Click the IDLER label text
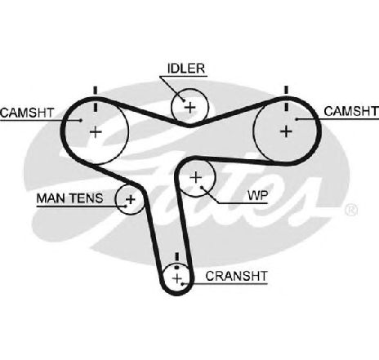[186, 69]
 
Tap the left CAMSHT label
[27, 113]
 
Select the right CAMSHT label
[351, 111]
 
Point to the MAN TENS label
[69, 198]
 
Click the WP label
[258, 195]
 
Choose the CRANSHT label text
[237, 276]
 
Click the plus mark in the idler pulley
[190, 108]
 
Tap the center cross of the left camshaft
[96, 132]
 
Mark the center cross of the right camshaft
[286, 131]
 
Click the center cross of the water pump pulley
[195, 177]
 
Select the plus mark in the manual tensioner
[131, 199]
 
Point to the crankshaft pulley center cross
[177, 278]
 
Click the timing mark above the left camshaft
[95, 99]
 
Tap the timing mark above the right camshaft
[286, 98]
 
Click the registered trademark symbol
[351, 210]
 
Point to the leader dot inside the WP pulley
[202, 187]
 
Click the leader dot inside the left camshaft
[81, 120]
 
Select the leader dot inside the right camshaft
[297, 118]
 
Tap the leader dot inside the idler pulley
[183, 100]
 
